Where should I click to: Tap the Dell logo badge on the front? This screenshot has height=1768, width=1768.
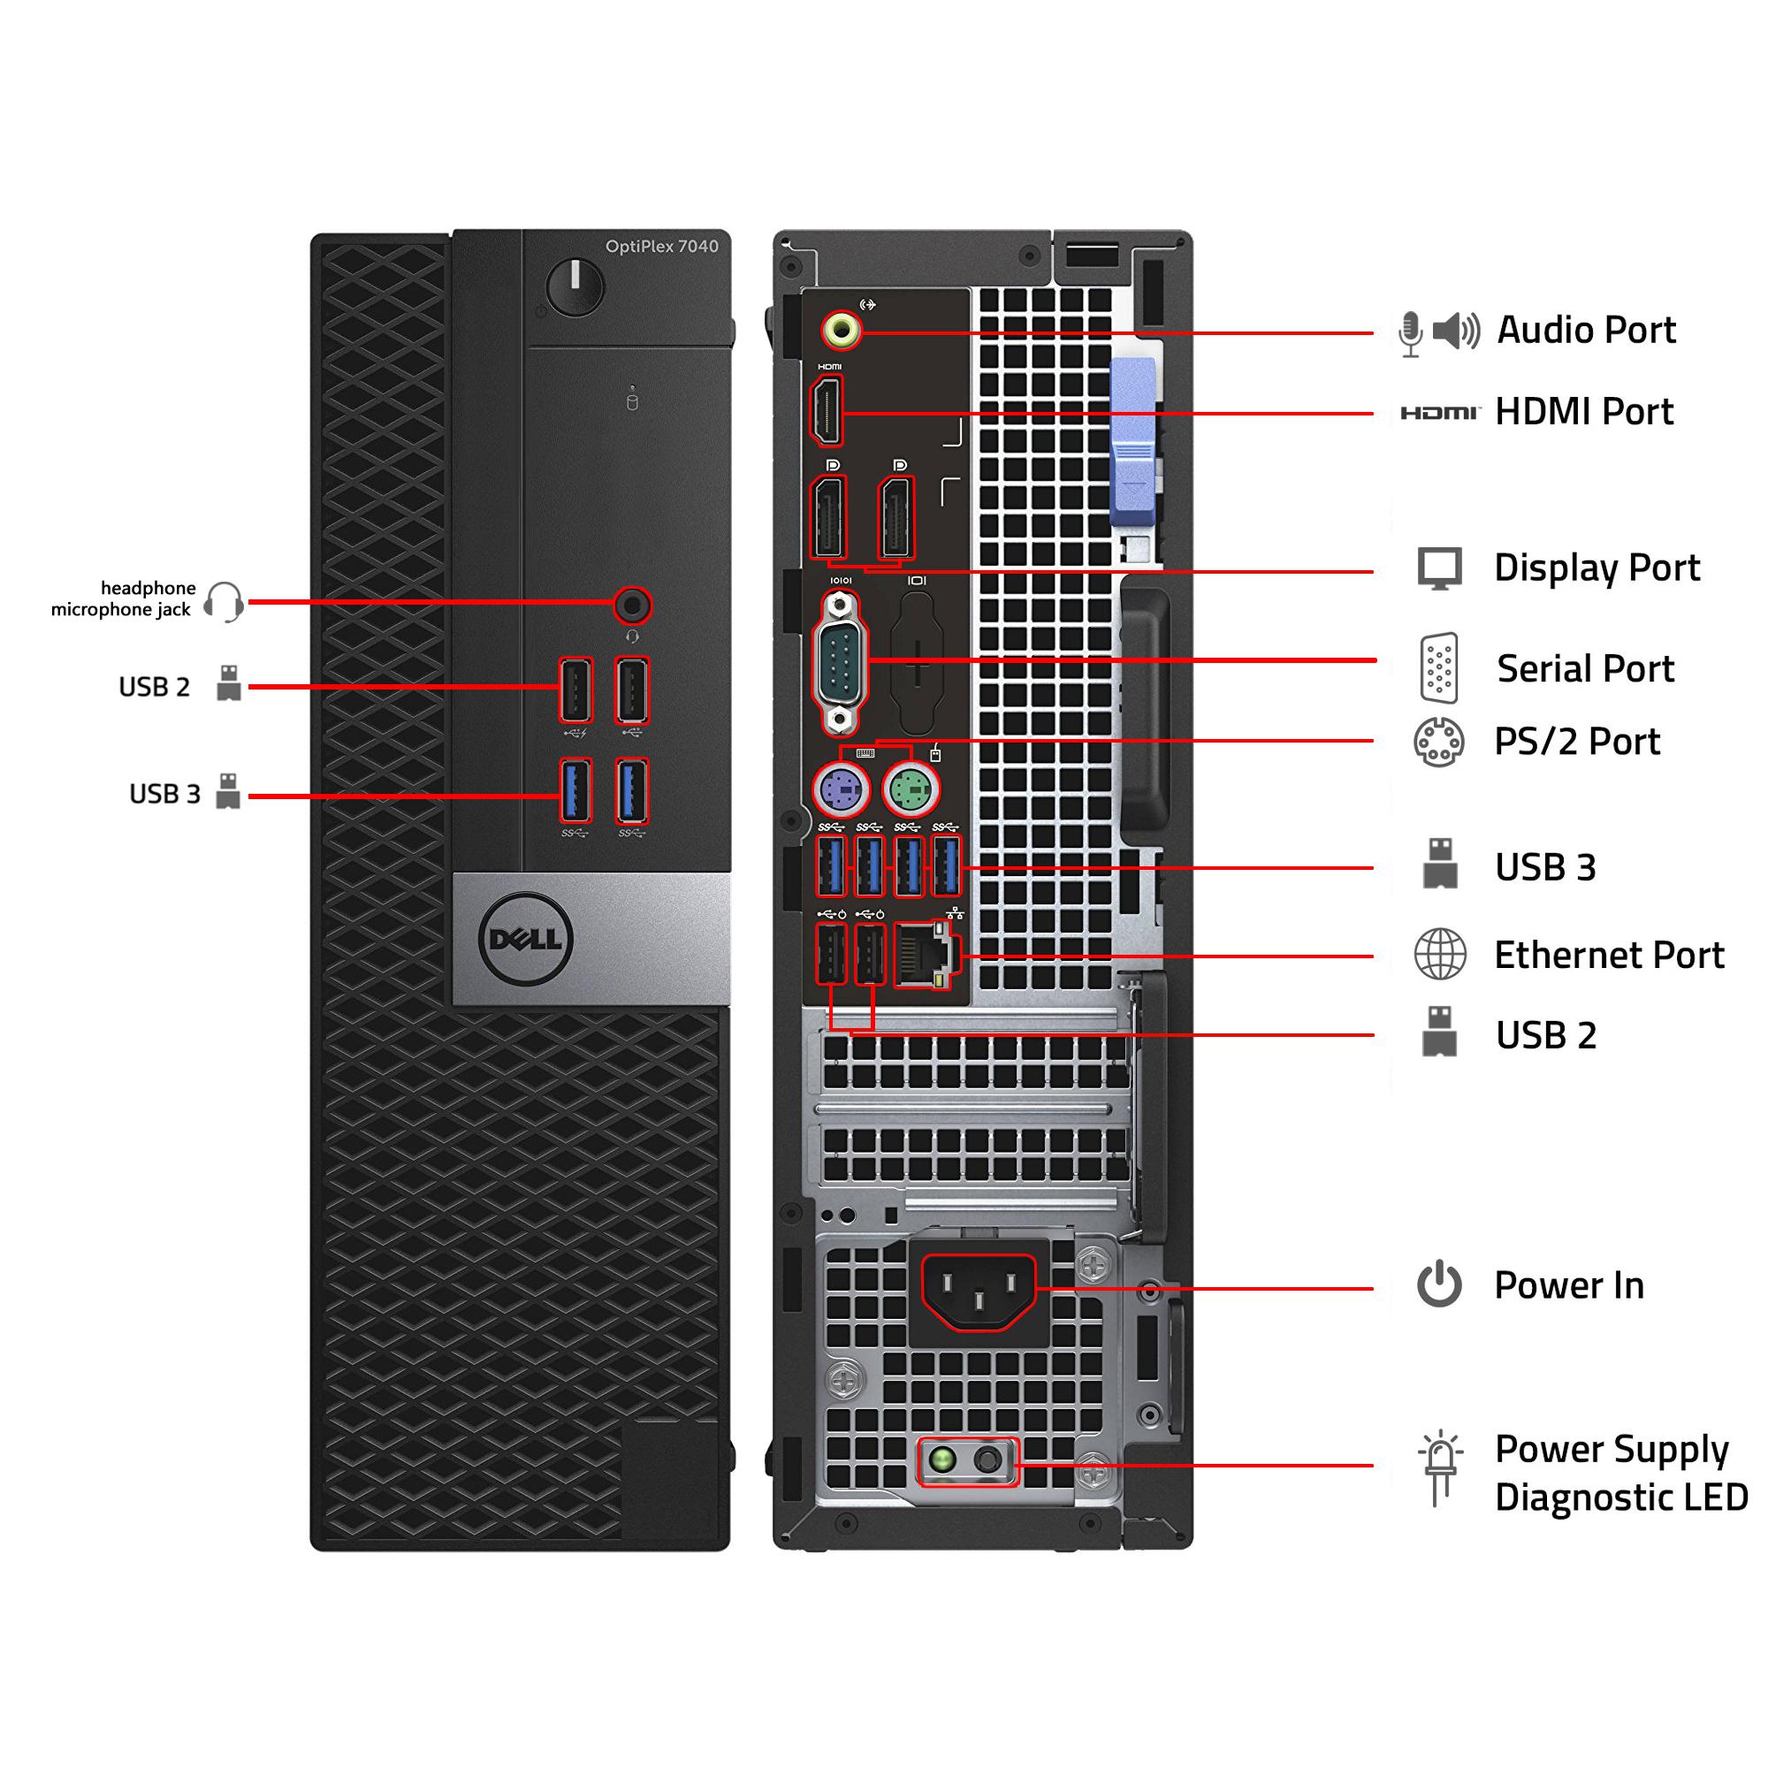point(525,940)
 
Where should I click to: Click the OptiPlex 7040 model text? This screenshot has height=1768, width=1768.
point(661,246)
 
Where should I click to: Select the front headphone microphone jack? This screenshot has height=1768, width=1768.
point(631,605)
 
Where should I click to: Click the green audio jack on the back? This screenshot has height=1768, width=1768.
point(841,331)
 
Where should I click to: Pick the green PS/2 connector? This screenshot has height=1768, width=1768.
point(911,788)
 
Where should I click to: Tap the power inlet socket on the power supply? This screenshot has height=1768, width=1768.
point(978,1291)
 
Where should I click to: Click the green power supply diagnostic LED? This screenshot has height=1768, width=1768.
point(942,1460)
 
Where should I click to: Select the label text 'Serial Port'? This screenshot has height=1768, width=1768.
point(1585,669)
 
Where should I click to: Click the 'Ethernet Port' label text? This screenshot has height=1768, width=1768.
point(1609,956)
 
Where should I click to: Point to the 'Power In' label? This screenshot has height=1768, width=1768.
point(1568,1285)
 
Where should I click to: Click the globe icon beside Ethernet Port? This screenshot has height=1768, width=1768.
point(1439,955)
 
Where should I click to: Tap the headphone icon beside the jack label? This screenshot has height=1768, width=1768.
point(224,602)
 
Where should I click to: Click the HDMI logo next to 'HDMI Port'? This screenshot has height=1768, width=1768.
point(1439,413)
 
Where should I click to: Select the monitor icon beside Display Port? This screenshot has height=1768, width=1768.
point(1439,568)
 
